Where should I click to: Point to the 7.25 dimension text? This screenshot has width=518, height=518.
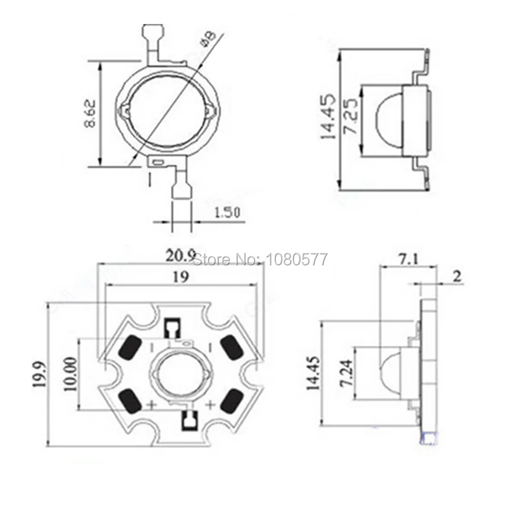(x=350, y=121)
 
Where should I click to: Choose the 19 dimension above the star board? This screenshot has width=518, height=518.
(x=181, y=278)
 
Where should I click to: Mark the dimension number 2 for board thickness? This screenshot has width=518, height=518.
(x=456, y=277)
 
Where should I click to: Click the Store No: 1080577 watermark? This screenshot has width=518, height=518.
(x=261, y=260)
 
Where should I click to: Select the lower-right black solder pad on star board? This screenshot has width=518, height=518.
(x=230, y=402)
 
